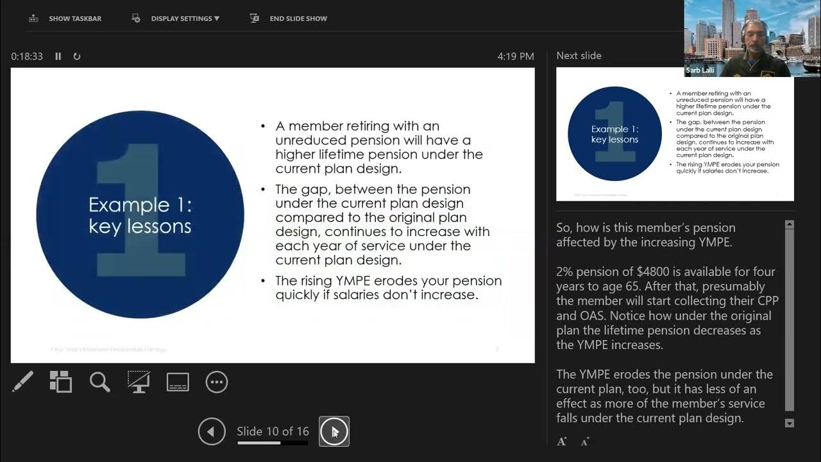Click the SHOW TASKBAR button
click(x=65, y=19)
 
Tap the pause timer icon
click(x=58, y=56)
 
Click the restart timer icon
click(x=77, y=56)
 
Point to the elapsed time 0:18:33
click(x=27, y=56)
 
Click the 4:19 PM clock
click(x=515, y=56)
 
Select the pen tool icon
click(x=23, y=382)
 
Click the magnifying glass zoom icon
click(x=99, y=382)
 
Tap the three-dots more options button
click(x=217, y=382)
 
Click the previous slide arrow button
click(x=212, y=431)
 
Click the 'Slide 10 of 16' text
click(x=273, y=431)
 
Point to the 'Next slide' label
click(x=579, y=56)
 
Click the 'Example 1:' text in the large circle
click(x=140, y=205)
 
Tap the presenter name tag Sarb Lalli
click(x=700, y=70)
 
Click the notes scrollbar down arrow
click(x=790, y=423)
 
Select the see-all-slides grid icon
click(x=61, y=382)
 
